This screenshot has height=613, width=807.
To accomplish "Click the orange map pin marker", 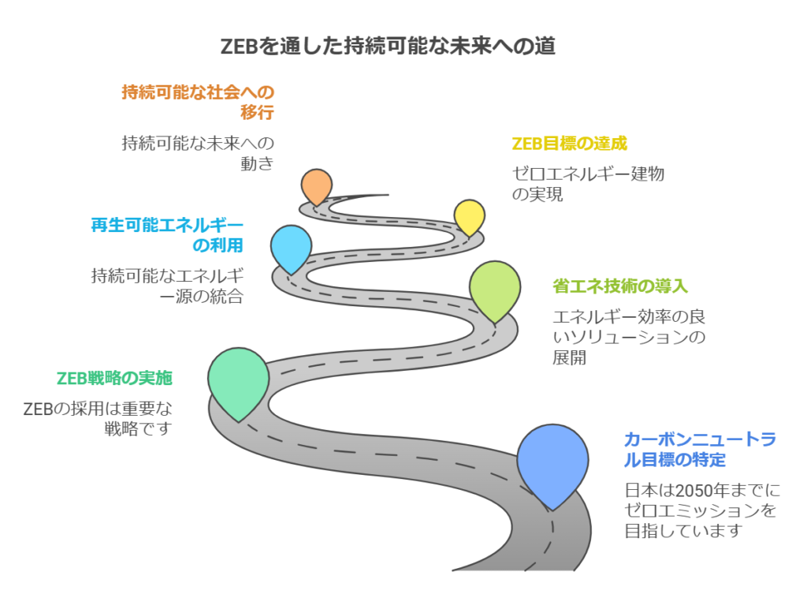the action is coord(317,185).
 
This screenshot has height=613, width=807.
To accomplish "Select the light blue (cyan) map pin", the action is coord(292,247).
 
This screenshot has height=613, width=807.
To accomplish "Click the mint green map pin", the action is coord(238,381).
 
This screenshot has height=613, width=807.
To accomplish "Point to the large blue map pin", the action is coord(552,464).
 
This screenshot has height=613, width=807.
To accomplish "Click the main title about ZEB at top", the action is coord(388,47).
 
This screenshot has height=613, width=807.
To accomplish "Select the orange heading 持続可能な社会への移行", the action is coord(198,102).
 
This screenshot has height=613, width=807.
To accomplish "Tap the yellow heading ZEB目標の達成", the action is coord(569,144).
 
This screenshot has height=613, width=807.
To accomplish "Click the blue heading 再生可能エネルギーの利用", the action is coord(167,235).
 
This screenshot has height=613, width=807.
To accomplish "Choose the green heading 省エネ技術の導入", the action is coord(620,286).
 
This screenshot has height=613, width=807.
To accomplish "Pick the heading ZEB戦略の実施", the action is coord(114,378).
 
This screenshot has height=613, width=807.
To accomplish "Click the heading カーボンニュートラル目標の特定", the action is coord(700,449).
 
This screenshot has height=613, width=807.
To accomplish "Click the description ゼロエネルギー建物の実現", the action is coord(588,183).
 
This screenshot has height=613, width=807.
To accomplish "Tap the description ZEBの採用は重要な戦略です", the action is coord(98,418).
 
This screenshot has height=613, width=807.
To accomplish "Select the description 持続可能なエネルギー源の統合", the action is coord(167,286).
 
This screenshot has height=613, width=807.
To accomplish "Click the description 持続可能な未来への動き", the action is coord(198,153).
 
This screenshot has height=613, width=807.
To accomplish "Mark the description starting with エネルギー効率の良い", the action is coord(629,337).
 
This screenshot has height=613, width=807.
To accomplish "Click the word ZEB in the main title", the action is coord(238,47).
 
